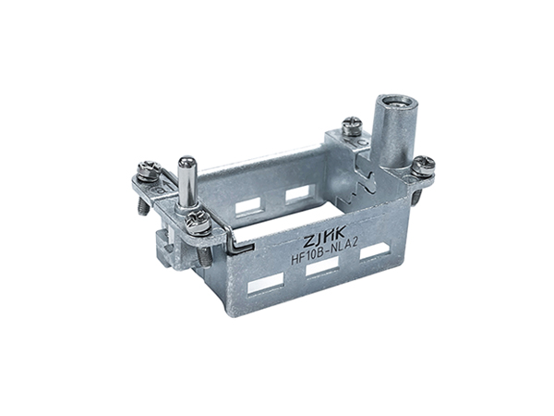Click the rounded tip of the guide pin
(x=187, y=163)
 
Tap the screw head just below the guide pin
(x=195, y=223)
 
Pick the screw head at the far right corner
(x=425, y=165)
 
